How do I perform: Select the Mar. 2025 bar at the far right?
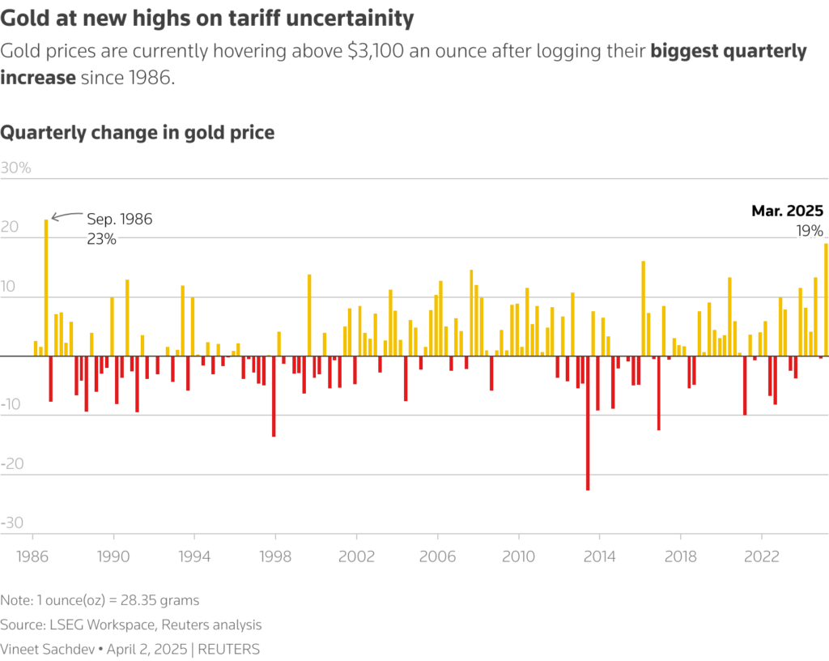pos(826,300)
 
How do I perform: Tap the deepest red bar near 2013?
pos(588,423)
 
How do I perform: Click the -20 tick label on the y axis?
pos(15,464)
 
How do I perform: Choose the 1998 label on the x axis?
pos(275,557)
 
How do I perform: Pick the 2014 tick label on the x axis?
pos(599,557)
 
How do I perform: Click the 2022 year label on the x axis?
pos(761,557)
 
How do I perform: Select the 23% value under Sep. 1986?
pos(102,239)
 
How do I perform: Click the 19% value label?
pos(810,230)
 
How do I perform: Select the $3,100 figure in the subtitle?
pos(380,52)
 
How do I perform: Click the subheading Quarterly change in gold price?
pos(138,132)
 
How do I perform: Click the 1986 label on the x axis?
pos(32,557)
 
